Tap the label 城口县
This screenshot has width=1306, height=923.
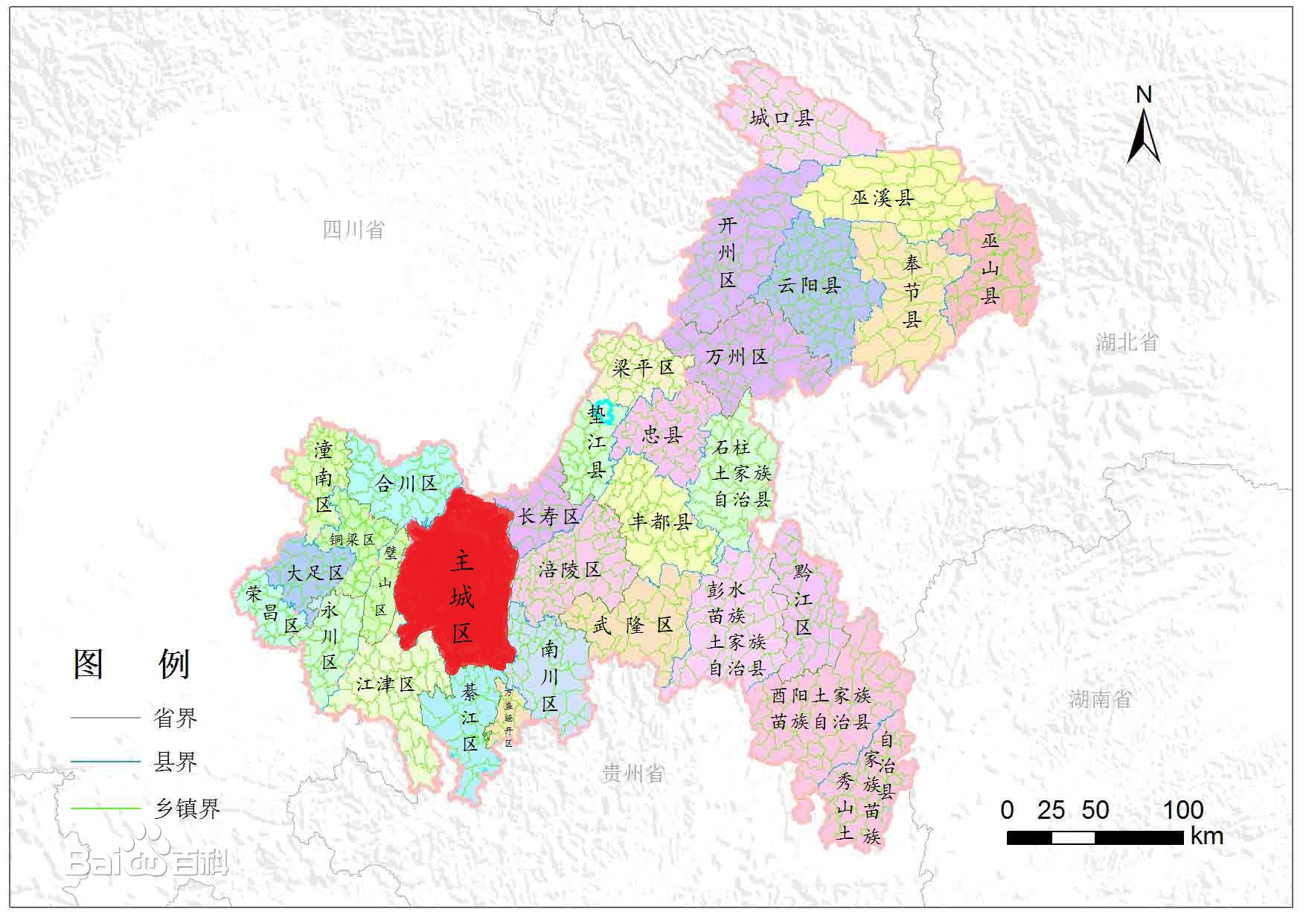click(x=781, y=118)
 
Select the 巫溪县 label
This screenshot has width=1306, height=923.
click(x=883, y=198)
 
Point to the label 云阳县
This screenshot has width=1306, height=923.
click(x=810, y=285)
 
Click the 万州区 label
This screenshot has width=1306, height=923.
click(x=737, y=357)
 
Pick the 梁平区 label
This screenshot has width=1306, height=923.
click(x=643, y=367)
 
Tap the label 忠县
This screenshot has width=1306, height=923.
click(x=662, y=434)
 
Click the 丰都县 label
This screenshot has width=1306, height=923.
click(x=661, y=521)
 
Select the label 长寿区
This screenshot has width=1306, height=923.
click(x=548, y=516)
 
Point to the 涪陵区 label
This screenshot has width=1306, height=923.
click(x=570, y=570)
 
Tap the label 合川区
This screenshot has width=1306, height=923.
click(x=406, y=484)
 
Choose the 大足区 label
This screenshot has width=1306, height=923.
click(x=315, y=573)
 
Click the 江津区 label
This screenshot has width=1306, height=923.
click(x=385, y=684)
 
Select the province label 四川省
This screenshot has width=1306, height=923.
click(x=353, y=230)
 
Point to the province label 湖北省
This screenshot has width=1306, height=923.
click(x=1127, y=342)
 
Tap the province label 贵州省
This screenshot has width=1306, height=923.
click(x=632, y=774)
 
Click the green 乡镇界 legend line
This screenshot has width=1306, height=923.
click(x=105, y=808)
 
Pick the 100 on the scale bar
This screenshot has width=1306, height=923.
click(x=1183, y=810)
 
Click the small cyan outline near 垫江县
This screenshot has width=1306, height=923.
click(x=607, y=412)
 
